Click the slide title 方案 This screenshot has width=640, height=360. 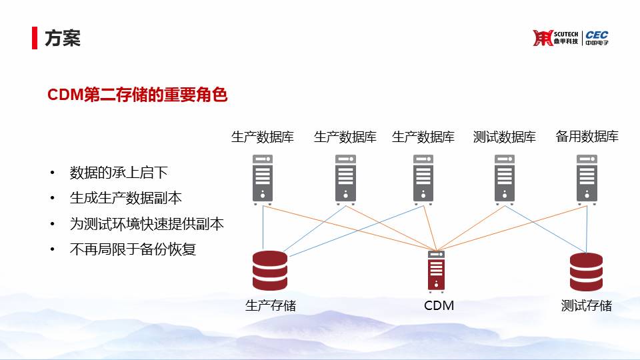point(63,39)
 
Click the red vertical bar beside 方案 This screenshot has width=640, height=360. point(35,38)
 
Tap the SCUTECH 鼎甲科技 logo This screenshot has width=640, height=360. point(555,38)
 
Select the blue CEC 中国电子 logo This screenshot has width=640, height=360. point(597,38)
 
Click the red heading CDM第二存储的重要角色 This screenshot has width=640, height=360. point(137,95)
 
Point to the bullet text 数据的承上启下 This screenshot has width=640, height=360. point(119,173)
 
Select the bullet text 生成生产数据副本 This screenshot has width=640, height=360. point(126,199)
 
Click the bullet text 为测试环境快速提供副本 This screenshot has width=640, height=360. point(147,224)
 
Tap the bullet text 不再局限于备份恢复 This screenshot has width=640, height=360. point(133,249)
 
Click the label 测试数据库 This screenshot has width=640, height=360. point(505,137)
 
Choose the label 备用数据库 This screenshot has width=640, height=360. point(587,136)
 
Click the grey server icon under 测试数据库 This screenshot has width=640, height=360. point(505,179)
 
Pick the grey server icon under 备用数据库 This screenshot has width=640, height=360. point(587,179)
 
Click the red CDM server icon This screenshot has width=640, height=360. point(436,271)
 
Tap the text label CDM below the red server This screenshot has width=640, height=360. point(439,305)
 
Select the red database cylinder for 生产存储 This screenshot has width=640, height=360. point(270,271)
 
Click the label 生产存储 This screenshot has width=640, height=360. point(270,305)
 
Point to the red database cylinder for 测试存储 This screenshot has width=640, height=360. point(586,272)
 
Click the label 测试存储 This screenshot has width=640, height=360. point(586,305)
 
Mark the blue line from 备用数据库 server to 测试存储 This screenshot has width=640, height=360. point(587,229)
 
